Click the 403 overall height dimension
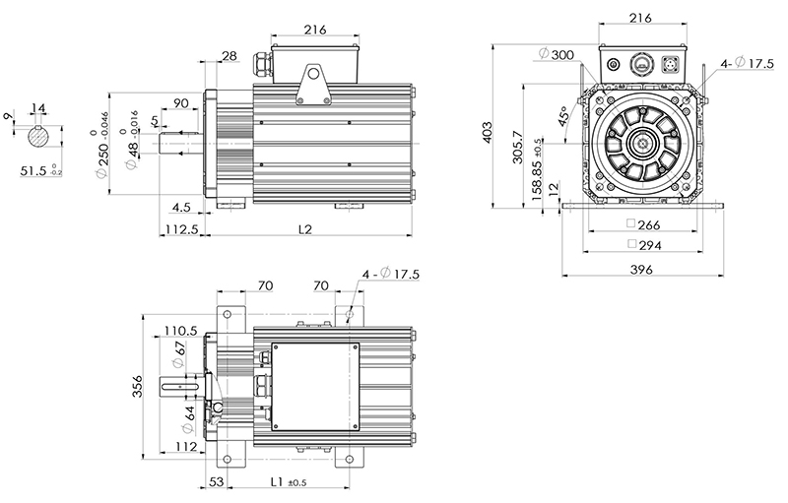click(488, 132)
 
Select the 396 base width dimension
click(642, 270)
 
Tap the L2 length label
click(305, 229)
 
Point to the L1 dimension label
click(277, 481)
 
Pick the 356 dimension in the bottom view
click(137, 387)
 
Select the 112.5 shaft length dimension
click(182, 229)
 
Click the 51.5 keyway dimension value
click(33, 170)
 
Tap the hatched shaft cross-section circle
click(37, 137)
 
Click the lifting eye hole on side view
click(314, 73)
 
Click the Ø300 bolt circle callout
click(557, 54)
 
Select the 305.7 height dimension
click(518, 147)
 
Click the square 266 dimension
click(643, 224)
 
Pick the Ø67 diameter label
click(178, 354)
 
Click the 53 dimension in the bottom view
click(216, 481)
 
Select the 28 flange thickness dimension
click(230, 55)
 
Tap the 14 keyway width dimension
click(38, 108)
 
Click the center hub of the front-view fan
click(642, 144)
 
